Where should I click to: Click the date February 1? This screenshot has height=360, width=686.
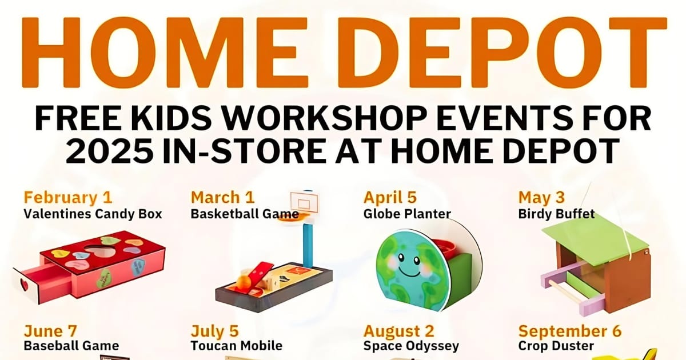[68, 198]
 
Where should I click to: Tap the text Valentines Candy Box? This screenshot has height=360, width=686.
[93, 214]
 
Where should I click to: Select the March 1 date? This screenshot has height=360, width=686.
[222, 198]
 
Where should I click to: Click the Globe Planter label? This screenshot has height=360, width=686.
[407, 214]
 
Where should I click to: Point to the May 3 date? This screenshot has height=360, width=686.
[541, 198]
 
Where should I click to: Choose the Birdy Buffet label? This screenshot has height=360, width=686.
[556, 214]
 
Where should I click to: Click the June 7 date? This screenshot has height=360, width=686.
[50, 331]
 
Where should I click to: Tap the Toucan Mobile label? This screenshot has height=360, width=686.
[237, 346]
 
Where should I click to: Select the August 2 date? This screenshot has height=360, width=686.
[399, 331]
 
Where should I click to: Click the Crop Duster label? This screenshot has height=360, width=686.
[556, 346]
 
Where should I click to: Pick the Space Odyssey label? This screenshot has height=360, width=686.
[411, 346]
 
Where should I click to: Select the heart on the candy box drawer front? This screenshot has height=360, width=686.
[24, 285]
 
